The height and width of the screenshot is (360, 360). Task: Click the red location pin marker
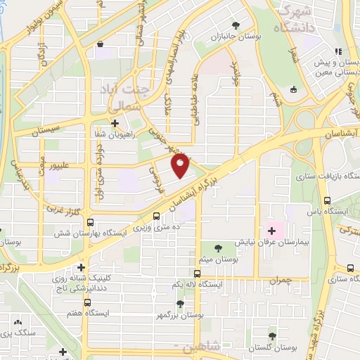coord(181,167)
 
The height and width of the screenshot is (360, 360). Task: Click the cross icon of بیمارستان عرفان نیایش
coord(271,231)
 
